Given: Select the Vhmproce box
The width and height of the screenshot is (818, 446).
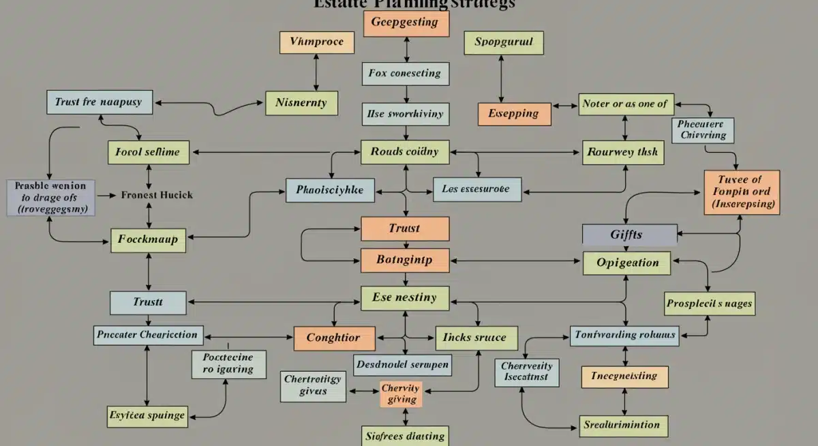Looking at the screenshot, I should (x=316, y=42).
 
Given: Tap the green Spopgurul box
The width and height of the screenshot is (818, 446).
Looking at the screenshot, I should (x=503, y=42).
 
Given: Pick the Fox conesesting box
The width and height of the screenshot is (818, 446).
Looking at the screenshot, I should (x=406, y=73).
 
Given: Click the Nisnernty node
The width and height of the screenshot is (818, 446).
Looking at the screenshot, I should (x=301, y=104).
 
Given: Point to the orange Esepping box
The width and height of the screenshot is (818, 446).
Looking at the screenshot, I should (x=513, y=114).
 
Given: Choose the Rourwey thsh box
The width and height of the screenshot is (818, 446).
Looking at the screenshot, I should (x=622, y=152).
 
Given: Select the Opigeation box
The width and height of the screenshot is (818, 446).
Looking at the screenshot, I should (x=627, y=263).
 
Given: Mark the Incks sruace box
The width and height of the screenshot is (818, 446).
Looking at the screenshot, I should (x=475, y=338).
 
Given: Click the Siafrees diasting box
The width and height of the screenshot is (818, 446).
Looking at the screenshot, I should (x=404, y=435).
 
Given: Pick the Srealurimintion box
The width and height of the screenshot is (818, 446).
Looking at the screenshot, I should (x=622, y=425).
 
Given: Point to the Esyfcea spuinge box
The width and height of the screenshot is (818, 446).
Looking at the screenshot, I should (x=147, y=414).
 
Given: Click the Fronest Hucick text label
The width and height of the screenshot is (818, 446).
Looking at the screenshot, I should (x=157, y=195).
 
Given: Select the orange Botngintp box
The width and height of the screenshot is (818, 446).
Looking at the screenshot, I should (x=404, y=259).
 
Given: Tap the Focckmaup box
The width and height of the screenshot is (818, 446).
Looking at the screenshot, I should (x=148, y=239).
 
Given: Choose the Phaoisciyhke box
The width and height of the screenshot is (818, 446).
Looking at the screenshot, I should (x=330, y=190).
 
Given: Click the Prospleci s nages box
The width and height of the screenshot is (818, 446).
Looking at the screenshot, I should (x=710, y=303).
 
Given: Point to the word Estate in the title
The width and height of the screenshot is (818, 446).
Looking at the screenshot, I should (x=339, y=3).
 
